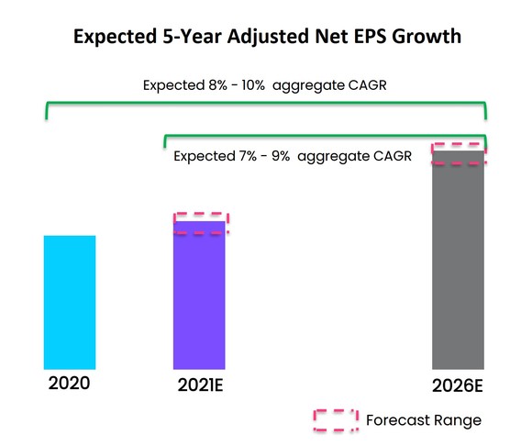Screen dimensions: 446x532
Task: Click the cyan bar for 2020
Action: (x=70, y=302)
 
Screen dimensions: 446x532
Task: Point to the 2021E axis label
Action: (x=199, y=384)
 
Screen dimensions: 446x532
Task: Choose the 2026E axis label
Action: (x=458, y=385)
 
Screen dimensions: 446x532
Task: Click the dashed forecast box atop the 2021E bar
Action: (x=201, y=223)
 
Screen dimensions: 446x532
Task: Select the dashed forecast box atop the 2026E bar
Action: (x=458, y=153)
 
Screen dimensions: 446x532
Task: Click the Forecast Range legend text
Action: (x=423, y=420)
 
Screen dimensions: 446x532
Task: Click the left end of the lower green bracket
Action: (x=165, y=143)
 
